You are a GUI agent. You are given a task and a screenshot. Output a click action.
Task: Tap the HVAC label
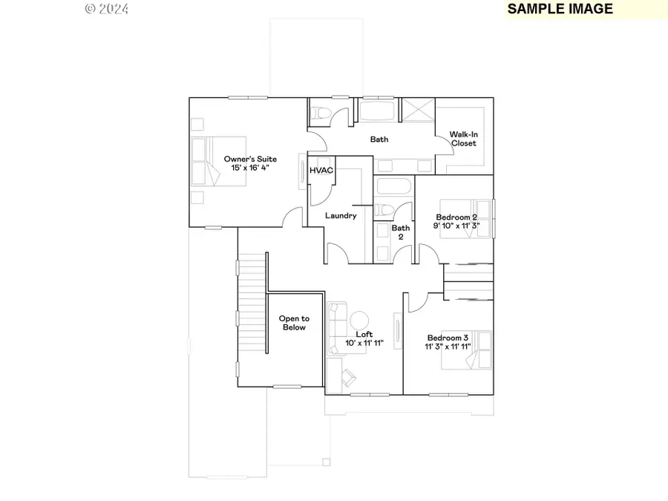pos(321,171)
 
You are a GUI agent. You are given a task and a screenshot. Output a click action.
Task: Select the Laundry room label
pos(341,215)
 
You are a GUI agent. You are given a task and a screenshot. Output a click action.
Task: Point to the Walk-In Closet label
pos(463,139)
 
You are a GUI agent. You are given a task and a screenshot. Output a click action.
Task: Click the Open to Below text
pos(294,323)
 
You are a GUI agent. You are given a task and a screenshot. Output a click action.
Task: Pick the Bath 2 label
pos(401,232)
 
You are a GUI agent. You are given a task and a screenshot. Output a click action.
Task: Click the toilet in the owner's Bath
pos(321,112)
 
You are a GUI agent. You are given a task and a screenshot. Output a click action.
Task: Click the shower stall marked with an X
pos(417,111)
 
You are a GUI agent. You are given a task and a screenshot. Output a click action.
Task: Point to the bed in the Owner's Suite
pos(209,161)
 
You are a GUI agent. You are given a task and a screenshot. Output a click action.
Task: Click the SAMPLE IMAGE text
pos(560,9)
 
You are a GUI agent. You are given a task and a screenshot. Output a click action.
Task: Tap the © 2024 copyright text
pos(107,9)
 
